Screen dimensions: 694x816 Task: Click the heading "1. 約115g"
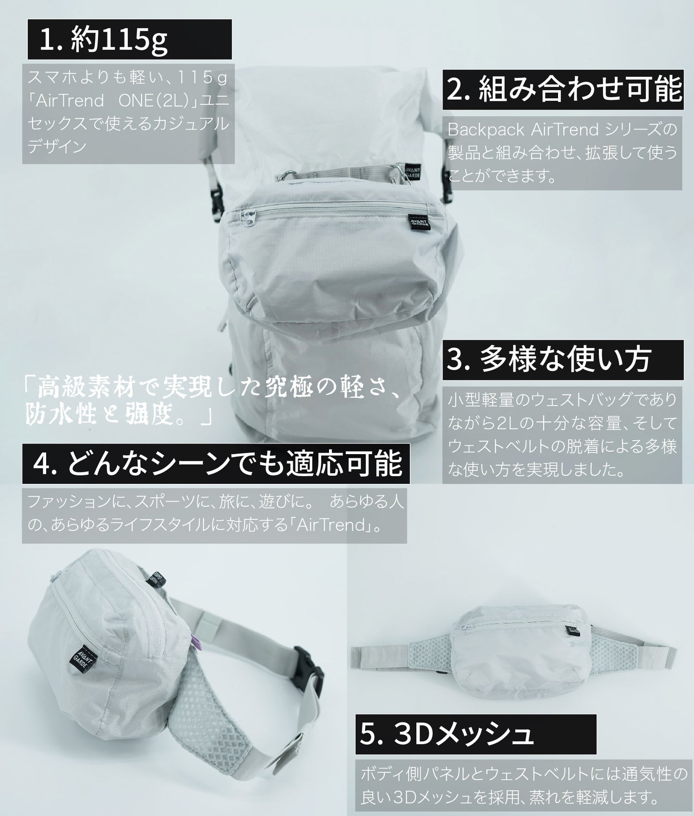[103, 40]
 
